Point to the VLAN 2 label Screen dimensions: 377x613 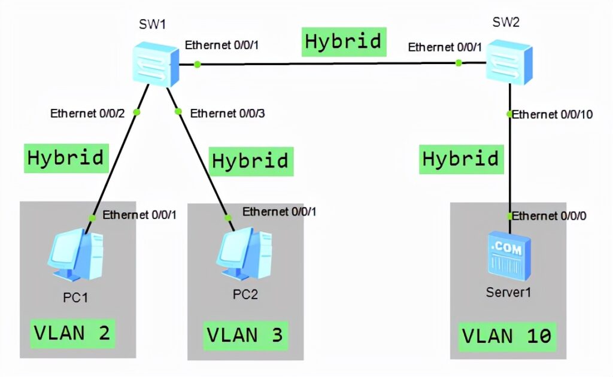72,333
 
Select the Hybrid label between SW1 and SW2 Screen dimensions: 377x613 343,41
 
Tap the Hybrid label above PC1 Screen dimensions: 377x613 66,157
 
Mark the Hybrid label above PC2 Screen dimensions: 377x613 251,161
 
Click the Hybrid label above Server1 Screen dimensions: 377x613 460,159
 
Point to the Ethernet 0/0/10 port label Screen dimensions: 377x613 552,114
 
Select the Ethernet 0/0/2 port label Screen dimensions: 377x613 87,113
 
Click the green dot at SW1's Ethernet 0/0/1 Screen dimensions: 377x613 197,64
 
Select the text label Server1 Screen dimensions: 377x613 508,293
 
